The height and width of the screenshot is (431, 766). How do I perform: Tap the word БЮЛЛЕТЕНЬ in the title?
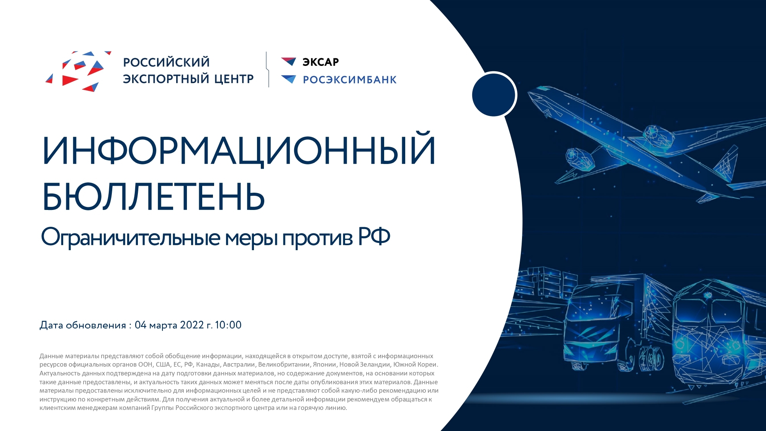pyautogui.click(x=154, y=197)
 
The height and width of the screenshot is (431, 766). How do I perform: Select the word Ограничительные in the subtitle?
pyautogui.click(x=131, y=238)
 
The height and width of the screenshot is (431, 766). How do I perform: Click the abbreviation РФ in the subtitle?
pyautogui.click(x=374, y=236)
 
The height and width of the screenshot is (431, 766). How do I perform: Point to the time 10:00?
pyautogui.click(x=228, y=325)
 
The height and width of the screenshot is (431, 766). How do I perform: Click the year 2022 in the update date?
pyautogui.click(x=192, y=325)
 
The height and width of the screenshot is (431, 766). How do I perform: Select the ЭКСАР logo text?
pyautogui.click(x=321, y=62)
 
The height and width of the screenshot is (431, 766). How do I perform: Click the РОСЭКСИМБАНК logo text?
pyautogui.click(x=350, y=80)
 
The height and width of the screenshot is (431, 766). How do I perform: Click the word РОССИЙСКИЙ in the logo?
pyautogui.click(x=166, y=62)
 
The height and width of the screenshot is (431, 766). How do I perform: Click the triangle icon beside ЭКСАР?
pyautogui.click(x=289, y=61)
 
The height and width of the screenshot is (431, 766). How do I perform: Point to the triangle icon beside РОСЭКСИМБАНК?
pyautogui.click(x=289, y=79)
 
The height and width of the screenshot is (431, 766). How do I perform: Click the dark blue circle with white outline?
pyautogui.click(x=494, y=94)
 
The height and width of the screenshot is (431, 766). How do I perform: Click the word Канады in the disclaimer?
pyautogui.click(x=207, y=365)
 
